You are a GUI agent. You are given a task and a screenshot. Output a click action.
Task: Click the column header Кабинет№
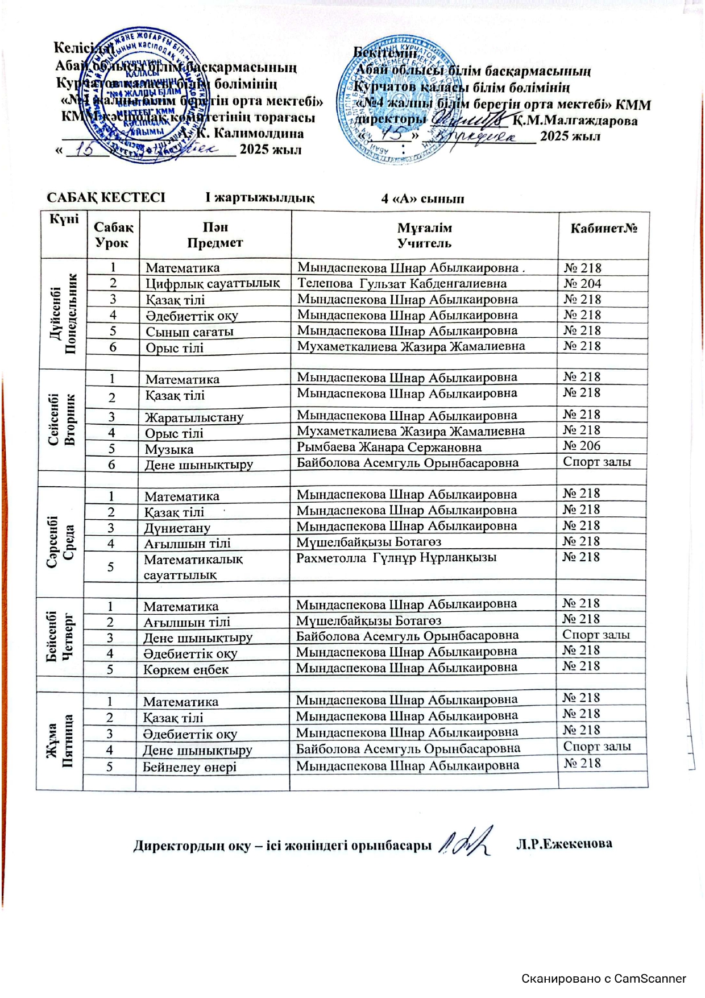[604, 229]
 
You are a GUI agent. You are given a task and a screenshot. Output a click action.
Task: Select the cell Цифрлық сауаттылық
[213, 283]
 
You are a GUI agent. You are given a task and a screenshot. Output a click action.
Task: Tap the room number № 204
[582, 283]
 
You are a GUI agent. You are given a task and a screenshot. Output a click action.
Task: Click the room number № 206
[582, 446]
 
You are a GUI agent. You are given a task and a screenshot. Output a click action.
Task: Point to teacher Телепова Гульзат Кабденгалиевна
[402, 283]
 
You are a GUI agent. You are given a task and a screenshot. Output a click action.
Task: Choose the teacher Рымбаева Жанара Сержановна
[389, 448]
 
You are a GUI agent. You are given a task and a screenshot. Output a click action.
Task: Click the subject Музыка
[169, 449]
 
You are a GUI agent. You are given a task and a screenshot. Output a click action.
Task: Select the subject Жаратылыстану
[194, 417]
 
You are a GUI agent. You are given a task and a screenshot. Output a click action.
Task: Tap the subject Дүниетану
[177, 528]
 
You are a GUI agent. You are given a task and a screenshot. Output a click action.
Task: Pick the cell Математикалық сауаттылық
[193, 567]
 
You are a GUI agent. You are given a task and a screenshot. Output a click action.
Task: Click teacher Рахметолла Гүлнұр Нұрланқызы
[396, 558]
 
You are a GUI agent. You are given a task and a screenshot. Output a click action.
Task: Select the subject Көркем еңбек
[185, 670]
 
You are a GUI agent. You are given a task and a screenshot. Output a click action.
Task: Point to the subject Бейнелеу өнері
[189, 767]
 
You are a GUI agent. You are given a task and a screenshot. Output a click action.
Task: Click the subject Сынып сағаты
[189, 332]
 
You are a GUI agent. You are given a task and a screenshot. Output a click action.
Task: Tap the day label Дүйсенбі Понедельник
[63, 313]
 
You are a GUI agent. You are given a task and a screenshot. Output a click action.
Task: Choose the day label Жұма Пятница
[60, 741]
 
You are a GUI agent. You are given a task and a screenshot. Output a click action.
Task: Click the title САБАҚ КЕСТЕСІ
[106, 197]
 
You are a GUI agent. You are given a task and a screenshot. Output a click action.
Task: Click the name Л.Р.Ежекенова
[563, 844]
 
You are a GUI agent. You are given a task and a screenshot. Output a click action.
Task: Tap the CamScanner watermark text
[603, 979]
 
